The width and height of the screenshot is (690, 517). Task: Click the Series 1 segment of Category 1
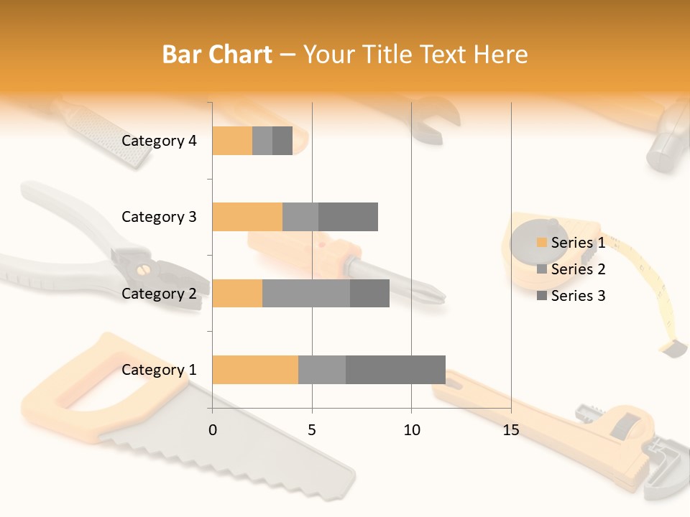coord(255,370)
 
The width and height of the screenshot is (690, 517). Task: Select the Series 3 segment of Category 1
coord(395,370)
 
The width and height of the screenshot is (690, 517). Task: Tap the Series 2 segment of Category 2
coord(306,293)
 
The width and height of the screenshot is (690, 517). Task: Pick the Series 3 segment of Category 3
coord(348,217)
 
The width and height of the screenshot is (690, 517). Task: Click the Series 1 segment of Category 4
coord(232,141)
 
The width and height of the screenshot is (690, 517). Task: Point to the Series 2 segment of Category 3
coord(300,217)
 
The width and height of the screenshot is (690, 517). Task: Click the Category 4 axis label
coord(159,141)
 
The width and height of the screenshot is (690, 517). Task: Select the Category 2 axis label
coord(159,294)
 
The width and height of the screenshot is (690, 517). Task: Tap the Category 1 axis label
coord(159,370)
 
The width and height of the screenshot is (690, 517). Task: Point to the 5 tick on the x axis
coord(312,430)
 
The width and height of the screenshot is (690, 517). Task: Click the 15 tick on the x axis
coord(510,430)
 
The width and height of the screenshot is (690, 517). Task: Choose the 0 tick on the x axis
coord(213,430)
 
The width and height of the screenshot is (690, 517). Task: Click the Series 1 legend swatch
coord(541,243)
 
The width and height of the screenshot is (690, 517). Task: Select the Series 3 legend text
coord(578,296)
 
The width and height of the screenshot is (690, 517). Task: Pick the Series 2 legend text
coord(578,269)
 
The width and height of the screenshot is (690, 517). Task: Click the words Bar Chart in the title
coord(217,55)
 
